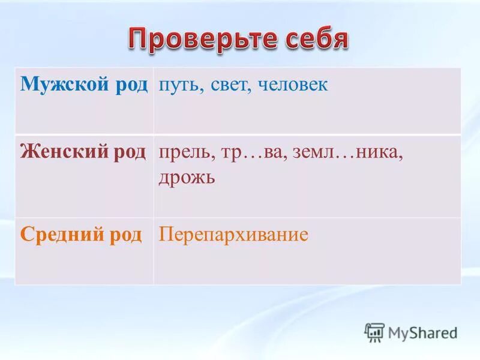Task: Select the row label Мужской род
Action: coord(83,85)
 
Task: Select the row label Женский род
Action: coord(83,152)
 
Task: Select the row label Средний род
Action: coord(81,235)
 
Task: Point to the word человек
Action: coord(293,85)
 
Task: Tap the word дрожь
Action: coord(187,178)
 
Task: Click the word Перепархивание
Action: coord(233,235)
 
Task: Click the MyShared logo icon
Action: coord(374,332)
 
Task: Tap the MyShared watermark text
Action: coord(422,332)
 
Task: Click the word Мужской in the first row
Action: coord(63,85)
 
